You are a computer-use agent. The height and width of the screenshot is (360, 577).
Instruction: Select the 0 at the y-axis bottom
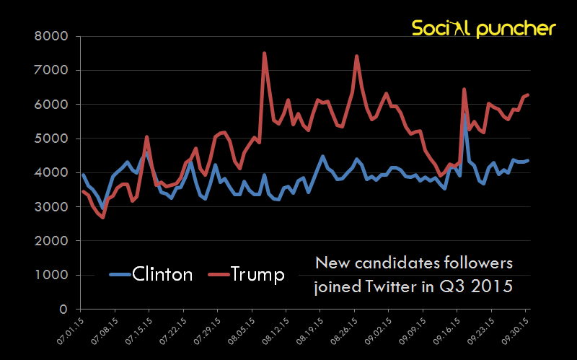pyautogui.click(x=63, y=309)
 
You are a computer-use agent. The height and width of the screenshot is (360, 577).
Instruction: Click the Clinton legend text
pyautogui.click(x=163, y=275)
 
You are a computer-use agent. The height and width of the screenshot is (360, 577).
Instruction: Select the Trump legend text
pyautogui.click(x=257, y=275)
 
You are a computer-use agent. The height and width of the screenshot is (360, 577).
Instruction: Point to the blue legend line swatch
pyautogui.click(x=120, y=275)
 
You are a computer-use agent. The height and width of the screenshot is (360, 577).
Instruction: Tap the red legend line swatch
pyautogui.click(x=219, y=275)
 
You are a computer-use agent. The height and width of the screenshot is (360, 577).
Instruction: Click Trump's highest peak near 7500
pyautogui.click(x=265, y=53)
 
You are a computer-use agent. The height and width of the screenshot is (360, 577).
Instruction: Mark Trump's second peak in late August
pyautogui.click(x=357, y=56)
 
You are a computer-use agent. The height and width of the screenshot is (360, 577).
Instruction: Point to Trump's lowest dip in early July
pyautogui.click(x=103, y=217)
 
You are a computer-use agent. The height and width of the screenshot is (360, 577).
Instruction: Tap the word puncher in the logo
pyautogui.click(x=516, y=28)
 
